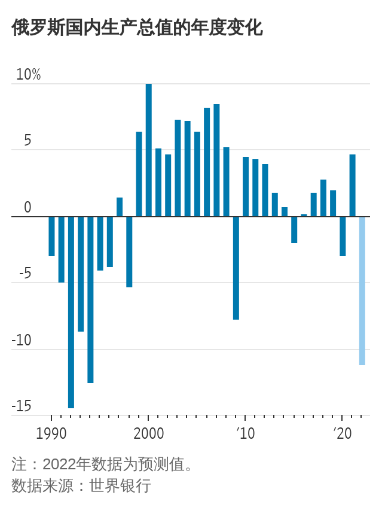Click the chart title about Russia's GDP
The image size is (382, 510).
[x=137, y=28]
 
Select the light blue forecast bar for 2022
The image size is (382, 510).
[x=362, y=290]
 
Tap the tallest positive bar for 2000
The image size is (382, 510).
[x=149, y=150]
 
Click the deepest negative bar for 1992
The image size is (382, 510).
[x=71, y=312]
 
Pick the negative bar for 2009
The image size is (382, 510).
[x=236, y=268]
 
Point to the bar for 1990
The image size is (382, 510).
[x=51, y=236]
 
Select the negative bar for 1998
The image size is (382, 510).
[x=129, y=251]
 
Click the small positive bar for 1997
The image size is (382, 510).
[x=120, y=207]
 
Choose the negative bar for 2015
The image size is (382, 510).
[x=294, y=229]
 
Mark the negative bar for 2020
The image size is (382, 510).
[x=343, y=236]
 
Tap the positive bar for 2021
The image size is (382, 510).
[x=352, y=186]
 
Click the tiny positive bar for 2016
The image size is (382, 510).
[x=304, y=215]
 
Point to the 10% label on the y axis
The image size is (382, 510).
[x=28, y=75]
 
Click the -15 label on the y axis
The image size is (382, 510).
[x=22, y=406]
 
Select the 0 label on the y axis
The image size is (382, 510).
[x=27, y=208]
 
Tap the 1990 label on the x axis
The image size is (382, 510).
[x=51, y=433]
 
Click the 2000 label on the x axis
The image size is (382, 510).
[x=148, y=433]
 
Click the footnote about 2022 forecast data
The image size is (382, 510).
[x=102, y=465]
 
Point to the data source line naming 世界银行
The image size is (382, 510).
[x=81, y=485]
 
